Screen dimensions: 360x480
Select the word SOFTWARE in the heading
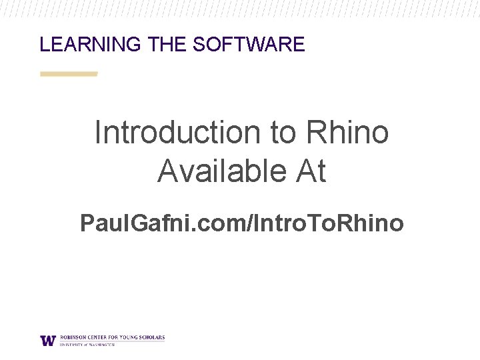(x=249, y=45)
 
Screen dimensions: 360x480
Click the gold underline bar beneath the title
(x=69, y=74)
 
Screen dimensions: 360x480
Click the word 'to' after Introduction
(x=283, y=132)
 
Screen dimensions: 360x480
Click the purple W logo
(x=48, y=340)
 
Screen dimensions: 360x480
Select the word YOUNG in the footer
(x=130, y=337)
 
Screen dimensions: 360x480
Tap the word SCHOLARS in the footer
(x=153, y=337)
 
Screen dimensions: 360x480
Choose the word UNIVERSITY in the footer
(x=70, y=345)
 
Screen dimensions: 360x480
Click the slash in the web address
(x=249, y=223)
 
